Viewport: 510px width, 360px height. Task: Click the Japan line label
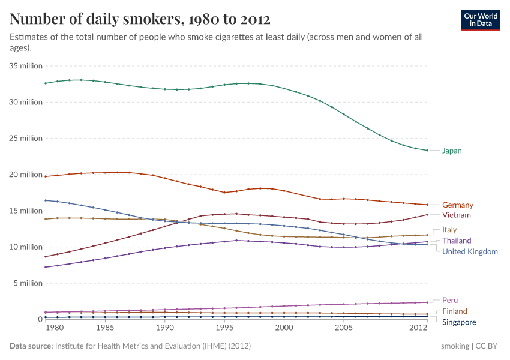pyautogui.click(x=452, y=151)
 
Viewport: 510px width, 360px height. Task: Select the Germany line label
pyautogui.click(x=457, y=205)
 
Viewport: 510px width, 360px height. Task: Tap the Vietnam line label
pyautogui.click(x=457, y=215)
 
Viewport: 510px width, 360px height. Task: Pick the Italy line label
pyautogui.click(x=449, y=230)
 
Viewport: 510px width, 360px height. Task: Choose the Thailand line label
pyautogui.click(x=457, y=241)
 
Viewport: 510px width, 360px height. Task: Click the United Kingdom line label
pyautogui.click(x=470, y=251)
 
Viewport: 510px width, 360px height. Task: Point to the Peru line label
pyautogui.click(x=450, y=301)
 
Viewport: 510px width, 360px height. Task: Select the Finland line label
pyautogui.click(x=454, y=311)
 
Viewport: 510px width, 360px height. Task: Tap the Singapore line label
pyautogui.click(x=459, y=322)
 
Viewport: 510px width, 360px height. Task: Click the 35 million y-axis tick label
pyautogui.click(x=26, y=66)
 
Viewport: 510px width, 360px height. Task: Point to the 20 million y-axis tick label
pyautogui.click(x=26, y=175)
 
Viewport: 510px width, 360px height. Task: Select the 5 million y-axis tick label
pyautogui.click(x=28, y=283)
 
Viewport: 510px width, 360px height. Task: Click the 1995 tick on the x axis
pyautogui.click(x=224, y=329)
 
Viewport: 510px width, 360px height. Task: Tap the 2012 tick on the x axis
pyautogui.click(x=418, y=329)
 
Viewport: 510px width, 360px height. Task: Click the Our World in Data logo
pyautogui.click(x=480, y=20)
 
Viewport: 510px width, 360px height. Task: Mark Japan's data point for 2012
pyautogui.click(x=427, y=151)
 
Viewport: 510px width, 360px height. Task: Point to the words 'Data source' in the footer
pyautogui.click(x=31, y=346)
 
